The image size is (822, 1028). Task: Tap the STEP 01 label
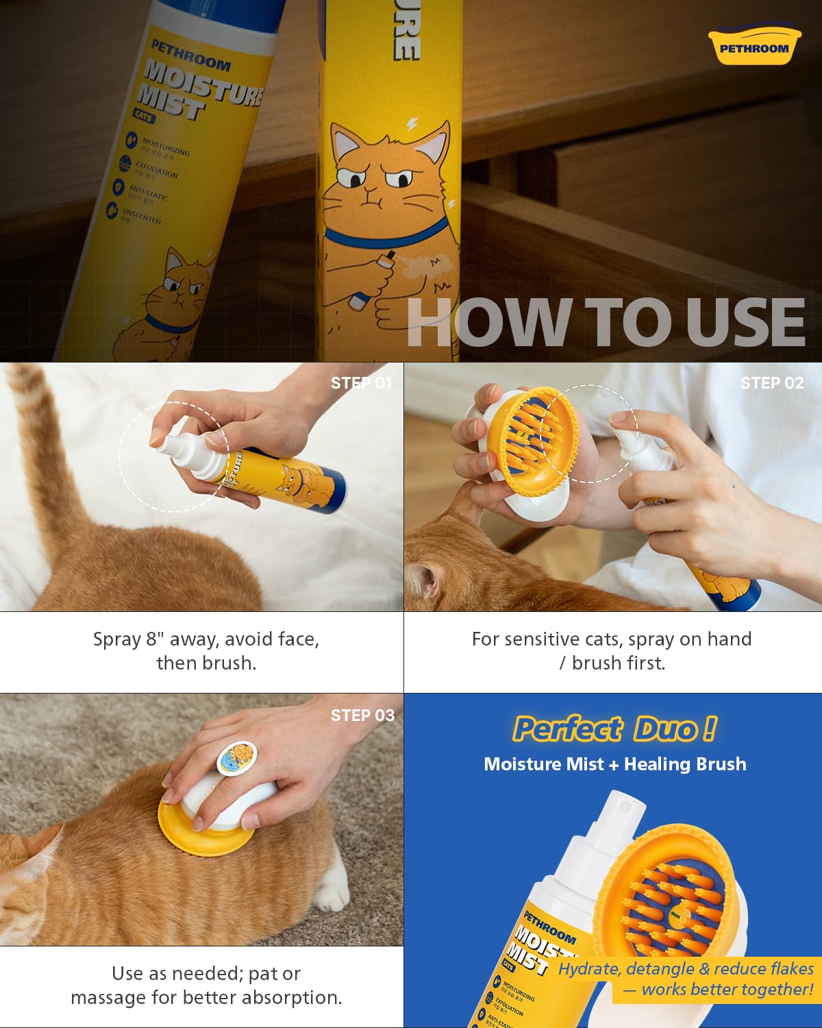[x=361, y=383]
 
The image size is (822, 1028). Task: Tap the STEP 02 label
[x=771, y=383]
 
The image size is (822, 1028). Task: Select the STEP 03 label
[x=362, y=715]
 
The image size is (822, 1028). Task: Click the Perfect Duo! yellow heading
[x=614, y=729]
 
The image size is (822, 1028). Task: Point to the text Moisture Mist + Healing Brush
[x=614, y=764]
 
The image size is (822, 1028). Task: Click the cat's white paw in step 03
[x=334, y=894]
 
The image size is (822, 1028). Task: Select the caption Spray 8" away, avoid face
[x=206, y=639]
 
